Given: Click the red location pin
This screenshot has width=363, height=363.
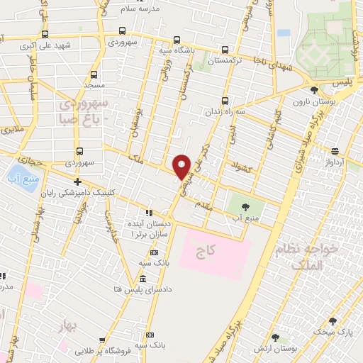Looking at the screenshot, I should tap(182, 166).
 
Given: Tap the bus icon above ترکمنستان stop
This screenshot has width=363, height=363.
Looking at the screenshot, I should tap(225, 50).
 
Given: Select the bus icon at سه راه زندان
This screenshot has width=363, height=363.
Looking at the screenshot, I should tap(225, 100).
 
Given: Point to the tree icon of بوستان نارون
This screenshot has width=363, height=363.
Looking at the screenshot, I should tap(314, 90).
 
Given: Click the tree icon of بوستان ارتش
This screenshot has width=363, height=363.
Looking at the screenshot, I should tap(275, 337).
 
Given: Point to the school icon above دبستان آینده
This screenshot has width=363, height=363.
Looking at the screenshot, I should tap(149, 212).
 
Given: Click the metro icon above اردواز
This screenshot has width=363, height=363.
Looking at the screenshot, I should tap(334, 150).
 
